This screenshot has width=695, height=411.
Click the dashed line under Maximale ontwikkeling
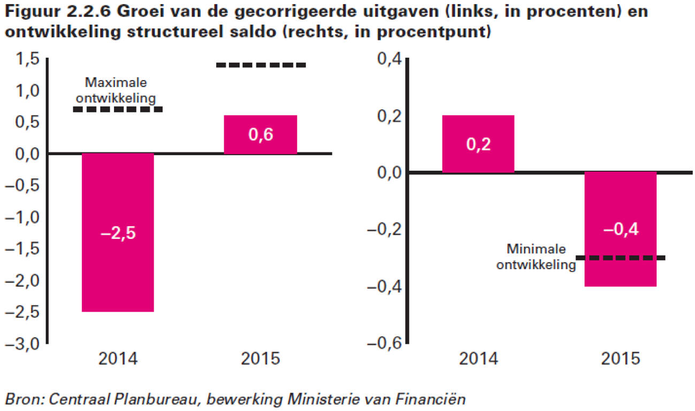(118, 109)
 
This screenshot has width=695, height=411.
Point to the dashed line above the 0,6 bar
(261, 65)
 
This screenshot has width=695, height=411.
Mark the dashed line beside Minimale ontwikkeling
(621, 258)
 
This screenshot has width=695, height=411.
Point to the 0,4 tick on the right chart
(389, 60)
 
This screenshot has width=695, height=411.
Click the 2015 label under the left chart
(261, 358)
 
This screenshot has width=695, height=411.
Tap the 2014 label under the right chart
(478, 358)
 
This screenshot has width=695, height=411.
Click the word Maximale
(116, 83)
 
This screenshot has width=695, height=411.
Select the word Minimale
(536, 249)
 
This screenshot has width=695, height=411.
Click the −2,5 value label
(118, 234)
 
